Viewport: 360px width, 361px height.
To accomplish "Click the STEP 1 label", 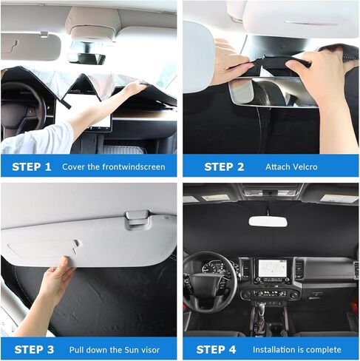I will [x=32, y=166].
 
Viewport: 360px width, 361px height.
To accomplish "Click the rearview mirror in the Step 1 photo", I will [x=87, y=56].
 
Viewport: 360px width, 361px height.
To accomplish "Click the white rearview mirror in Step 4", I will [x=268, y=220].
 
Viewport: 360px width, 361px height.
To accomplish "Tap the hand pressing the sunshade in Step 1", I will [x=134, y=88].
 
